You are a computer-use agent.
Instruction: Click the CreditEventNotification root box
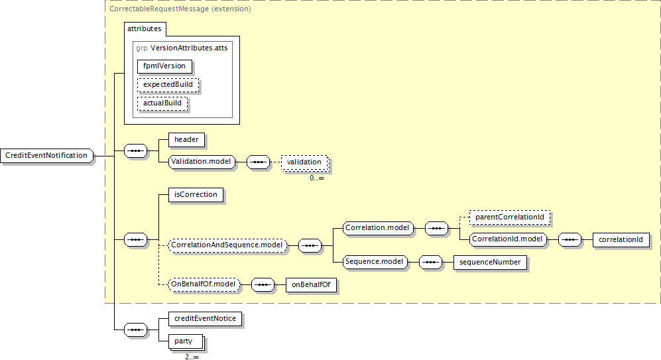pyautogui.click(x=46, y=156)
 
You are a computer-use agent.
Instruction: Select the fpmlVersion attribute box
pyautogui.click(x=164, y=66)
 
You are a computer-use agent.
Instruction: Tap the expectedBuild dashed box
pyautogui.click(x=168, y=85)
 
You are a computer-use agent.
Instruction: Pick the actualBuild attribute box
pyautogui.click(x=162, y=103)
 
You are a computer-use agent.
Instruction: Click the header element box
pyautogui.click(x=186, y=139)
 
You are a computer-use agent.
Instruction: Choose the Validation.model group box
pyautogui.click(x=202, y=162)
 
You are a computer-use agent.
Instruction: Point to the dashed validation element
pyautogui.click(x=304, y=162)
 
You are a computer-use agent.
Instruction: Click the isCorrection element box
pyautogui.click(x=196, y=195)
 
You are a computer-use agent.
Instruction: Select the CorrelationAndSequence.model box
pyautogui.click(x=227, y=245)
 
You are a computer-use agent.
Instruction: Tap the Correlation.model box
pyautogui.click(x=378, y=228)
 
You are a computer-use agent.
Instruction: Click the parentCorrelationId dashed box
pyautogui.click(x=510, y=217)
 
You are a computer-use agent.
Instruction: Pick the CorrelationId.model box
pyautogui.click(x=508, y=239)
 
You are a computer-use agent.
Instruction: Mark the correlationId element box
pyautogui.click(x=621, y=240)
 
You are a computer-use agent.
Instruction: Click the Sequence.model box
pyautogui.click(x=375, y=262)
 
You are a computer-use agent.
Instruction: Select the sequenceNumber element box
pyautogui.click(x=490, y=262)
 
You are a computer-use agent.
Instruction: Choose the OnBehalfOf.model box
pyautogui.click(x=204, y=284)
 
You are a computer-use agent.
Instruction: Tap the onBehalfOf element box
pyautogui.click(x=311, y=285)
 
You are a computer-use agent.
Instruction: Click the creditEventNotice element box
pyautogui.click(x=205, y=319)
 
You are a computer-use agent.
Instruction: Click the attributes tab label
pyautogui.click(x=144, y=29)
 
